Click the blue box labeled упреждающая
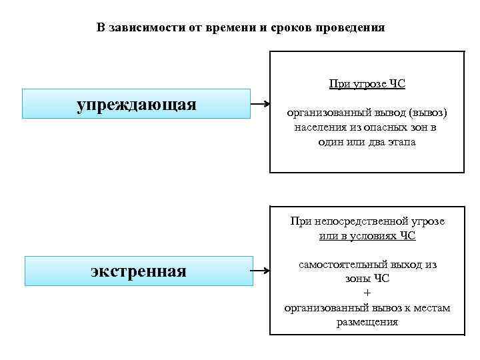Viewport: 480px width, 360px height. (x=136, y=105)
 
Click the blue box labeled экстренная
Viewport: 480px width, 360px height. (x=139, y=271)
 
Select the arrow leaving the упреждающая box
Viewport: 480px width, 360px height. (x=260, y=105)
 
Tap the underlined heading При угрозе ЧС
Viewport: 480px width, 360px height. (x=367, y=84)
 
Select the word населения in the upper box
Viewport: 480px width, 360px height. (x=319, y=128)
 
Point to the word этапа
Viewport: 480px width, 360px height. (x=399, y=143)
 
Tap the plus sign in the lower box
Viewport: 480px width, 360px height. (x=367, y=293)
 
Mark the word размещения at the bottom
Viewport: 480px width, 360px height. (x=367, y=322)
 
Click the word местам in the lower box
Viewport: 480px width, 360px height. (x=433, y=307)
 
